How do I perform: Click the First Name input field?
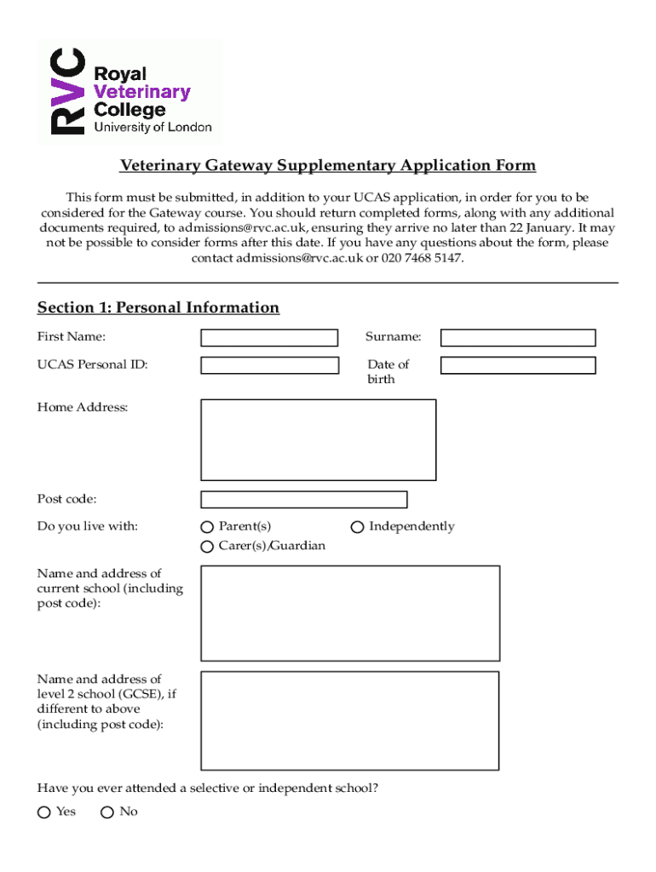[x=268, y=338]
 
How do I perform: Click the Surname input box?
[x=517, y=338]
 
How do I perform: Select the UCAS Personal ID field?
[x=268, y=365]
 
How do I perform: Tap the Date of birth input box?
[x=517, y=365]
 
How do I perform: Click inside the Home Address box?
[x=318, y=439]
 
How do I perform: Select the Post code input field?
[x=303, y=500]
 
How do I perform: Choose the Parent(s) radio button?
[x=207, y=527]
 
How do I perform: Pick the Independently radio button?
[x=358, y=527]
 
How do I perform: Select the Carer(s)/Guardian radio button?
[x=207, y=547]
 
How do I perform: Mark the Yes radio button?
[x=44, y=812]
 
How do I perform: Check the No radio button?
[x=107, y=812]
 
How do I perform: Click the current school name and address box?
[x=349, y=613]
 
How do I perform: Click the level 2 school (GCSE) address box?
[x=349, y=720]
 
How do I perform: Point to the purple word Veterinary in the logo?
[x=141, y=92]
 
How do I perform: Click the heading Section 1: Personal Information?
[x=158, y=307]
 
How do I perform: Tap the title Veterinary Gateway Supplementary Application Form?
[x=327, y=165]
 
